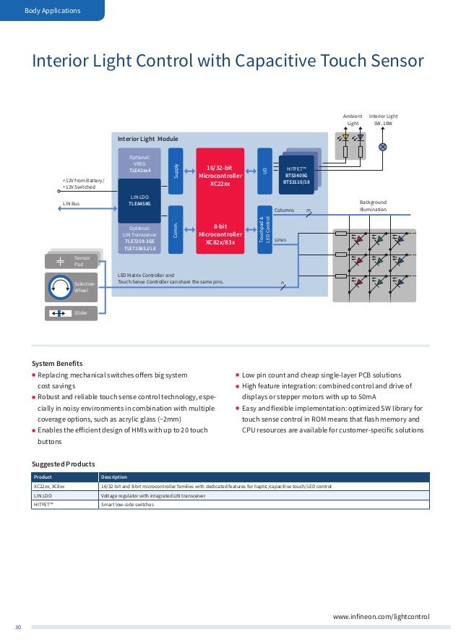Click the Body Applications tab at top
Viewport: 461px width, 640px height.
(52, 10)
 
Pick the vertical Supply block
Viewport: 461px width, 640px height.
(175, 171)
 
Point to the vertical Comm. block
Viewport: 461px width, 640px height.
(175, 229)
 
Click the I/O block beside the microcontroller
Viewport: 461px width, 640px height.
(264, 171)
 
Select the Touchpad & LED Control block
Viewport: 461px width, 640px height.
(264, 229)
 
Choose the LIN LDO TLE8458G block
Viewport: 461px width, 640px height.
(139, 200)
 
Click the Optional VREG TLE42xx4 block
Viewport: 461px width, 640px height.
(139, 163)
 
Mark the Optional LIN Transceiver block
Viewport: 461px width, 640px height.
(139, 238)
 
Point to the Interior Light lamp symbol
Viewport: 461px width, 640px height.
(383, 147)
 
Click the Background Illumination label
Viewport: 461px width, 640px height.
(373, 205)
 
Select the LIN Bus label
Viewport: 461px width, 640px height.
(71, 205)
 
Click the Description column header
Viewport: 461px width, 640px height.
(114, 477)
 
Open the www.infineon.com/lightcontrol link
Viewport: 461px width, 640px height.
(381, 616)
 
